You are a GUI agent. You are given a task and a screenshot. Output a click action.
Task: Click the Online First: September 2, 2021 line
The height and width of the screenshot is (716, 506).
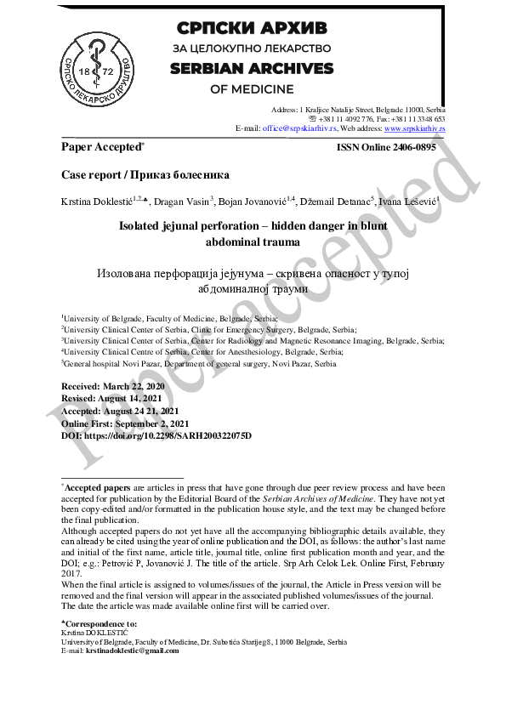(125, 423)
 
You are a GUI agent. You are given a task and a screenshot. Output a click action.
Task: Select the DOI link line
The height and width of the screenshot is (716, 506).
(156, 435)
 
